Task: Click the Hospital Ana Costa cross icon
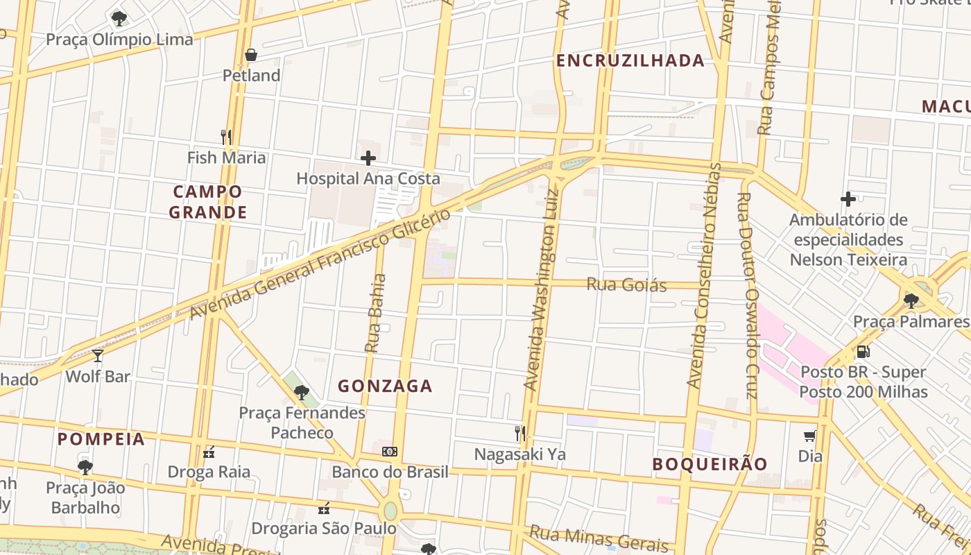coord(368,158)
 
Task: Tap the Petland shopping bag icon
coord(251,55)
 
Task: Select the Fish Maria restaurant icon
coord(226,137)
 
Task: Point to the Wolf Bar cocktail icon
coord(98,356)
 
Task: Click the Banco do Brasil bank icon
coord(390,452)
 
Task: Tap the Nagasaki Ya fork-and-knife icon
coord(519,434)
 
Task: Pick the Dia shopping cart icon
coord(809,436)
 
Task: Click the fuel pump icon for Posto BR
coord(863,352)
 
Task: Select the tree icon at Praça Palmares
coord(911,300)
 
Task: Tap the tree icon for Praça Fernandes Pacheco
coord(301,393)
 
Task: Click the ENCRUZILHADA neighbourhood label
coord(630,61)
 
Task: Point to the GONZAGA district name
coord(385,386)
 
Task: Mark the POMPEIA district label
coord(101,439)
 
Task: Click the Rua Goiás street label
coord(627,284)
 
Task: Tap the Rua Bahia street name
coord(375,312)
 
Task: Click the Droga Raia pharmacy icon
coord(209,452)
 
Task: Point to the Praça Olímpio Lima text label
coord(119,40)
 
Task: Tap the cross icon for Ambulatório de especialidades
coord(848,200)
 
